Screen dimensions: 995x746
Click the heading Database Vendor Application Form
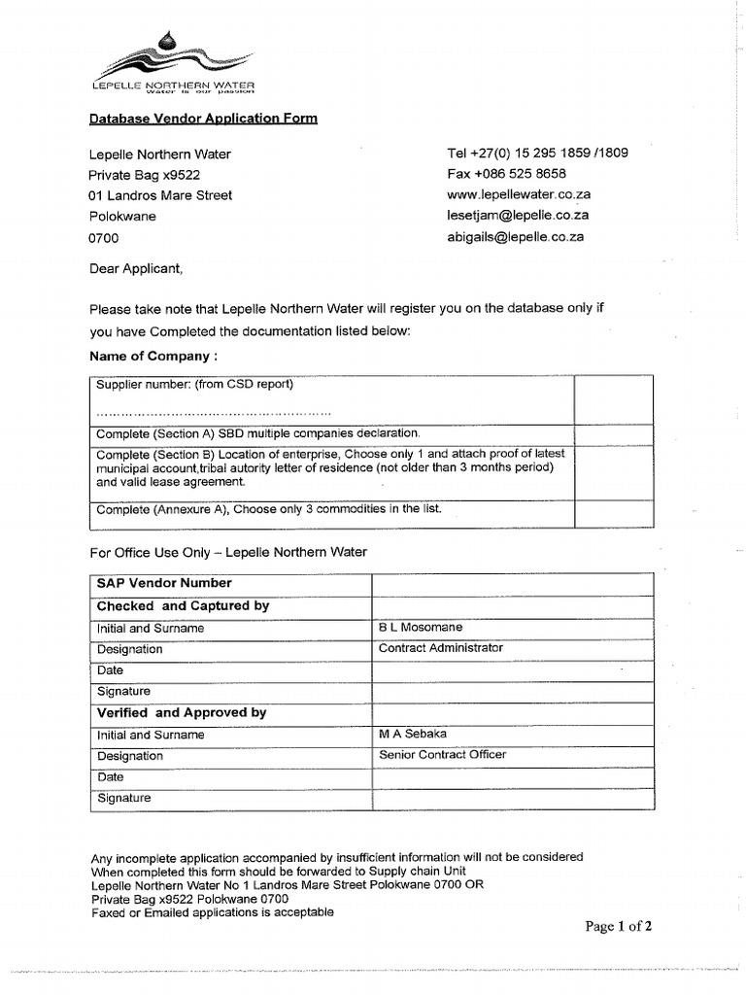point(203,119)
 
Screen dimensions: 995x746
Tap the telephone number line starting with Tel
point(536,154)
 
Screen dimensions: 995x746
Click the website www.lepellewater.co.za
point(519,195)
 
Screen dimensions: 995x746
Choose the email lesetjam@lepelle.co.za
point(518,216)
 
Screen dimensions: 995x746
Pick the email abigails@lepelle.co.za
point(515,237)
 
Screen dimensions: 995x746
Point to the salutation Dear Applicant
point(136,268)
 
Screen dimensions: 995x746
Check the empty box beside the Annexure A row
point(613,513)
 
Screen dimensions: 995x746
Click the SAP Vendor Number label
point(164,583)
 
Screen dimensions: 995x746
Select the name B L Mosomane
point(421,628)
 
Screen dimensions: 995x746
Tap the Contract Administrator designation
point(441,648)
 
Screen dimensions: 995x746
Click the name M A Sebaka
point(413,734)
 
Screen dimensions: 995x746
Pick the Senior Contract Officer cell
point(442,755)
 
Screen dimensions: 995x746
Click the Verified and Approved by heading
point(182,712)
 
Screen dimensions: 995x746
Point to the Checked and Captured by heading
point(183,605)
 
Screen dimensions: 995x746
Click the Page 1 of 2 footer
point(618,927)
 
